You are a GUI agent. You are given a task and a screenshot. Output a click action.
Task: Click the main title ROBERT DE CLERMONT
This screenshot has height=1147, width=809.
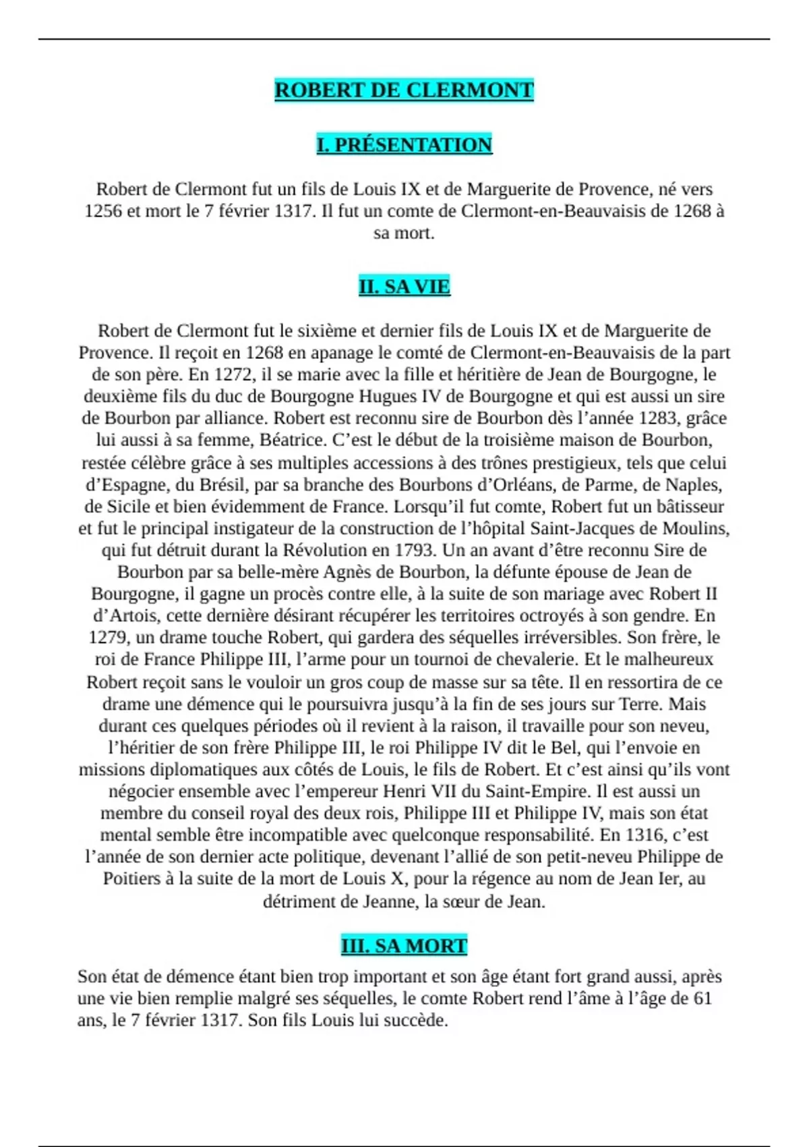404,90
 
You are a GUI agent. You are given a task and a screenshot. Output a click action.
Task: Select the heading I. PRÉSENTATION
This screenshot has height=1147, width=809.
404,145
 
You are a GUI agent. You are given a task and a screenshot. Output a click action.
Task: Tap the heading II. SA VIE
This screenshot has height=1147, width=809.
404,287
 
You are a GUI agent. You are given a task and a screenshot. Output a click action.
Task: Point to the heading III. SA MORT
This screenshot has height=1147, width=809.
404,946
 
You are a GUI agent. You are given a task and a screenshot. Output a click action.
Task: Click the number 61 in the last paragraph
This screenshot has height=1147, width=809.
702,999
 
